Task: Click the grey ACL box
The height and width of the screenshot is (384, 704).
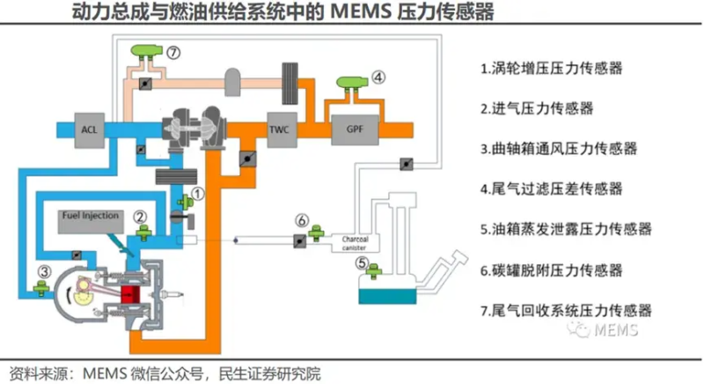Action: (89, 129)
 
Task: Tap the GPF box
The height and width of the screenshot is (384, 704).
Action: (355, 129)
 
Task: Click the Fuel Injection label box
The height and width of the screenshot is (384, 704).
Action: (91, 221)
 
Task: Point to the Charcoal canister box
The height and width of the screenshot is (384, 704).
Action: (356, 243)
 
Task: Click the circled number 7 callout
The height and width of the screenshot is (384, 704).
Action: (173, 53)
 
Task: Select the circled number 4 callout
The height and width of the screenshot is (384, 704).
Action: (378, 78)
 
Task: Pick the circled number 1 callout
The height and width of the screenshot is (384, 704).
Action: (197, 194)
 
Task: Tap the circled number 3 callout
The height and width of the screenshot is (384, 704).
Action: (44, 271)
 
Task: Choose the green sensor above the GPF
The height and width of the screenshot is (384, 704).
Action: (352, 83)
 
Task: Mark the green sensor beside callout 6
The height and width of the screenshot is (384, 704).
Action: (316, 233)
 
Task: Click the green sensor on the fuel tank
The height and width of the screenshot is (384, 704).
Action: (373, 270)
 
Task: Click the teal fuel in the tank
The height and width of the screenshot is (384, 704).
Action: (387, 297)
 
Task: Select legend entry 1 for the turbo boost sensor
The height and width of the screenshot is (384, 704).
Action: (552, 69)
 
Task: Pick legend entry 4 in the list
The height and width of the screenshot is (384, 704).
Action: (552, 188)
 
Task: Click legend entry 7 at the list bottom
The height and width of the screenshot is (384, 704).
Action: (566, 310)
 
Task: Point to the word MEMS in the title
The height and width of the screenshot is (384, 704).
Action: (361, 11)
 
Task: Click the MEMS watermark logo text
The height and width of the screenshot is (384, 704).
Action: (616, 330)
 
